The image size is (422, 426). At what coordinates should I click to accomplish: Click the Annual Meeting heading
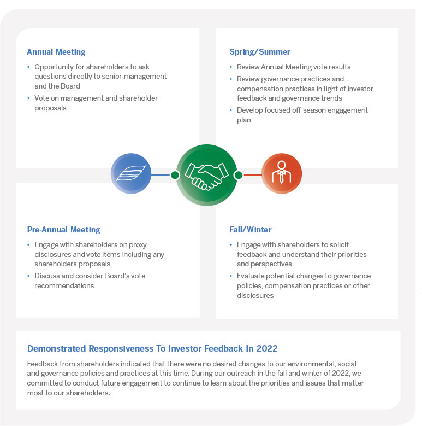pos(56,52)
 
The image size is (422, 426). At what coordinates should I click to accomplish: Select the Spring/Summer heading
pos(260,52)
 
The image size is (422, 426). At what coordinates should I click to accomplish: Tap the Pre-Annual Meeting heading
pos(63,230)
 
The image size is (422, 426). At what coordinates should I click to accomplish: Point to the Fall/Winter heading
pos(251,230)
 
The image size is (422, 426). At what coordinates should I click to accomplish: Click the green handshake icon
pos(206,175)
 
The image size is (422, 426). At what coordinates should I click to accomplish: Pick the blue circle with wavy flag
pos(130,175)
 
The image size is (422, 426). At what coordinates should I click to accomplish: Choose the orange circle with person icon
pos(282,175)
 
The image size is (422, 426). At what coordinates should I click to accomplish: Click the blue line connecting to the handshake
pos(161,175)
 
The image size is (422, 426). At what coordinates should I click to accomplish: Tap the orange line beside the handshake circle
pos(252,175)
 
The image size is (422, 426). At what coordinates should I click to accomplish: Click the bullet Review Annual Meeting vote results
pos(294,67)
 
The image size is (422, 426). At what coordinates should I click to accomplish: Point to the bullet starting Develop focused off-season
pos(302,115)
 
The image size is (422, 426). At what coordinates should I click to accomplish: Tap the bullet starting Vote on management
pos(96,103)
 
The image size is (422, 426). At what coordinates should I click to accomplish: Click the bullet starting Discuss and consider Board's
pos(90,281)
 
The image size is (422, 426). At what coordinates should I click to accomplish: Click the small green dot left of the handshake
pos(175,175)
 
